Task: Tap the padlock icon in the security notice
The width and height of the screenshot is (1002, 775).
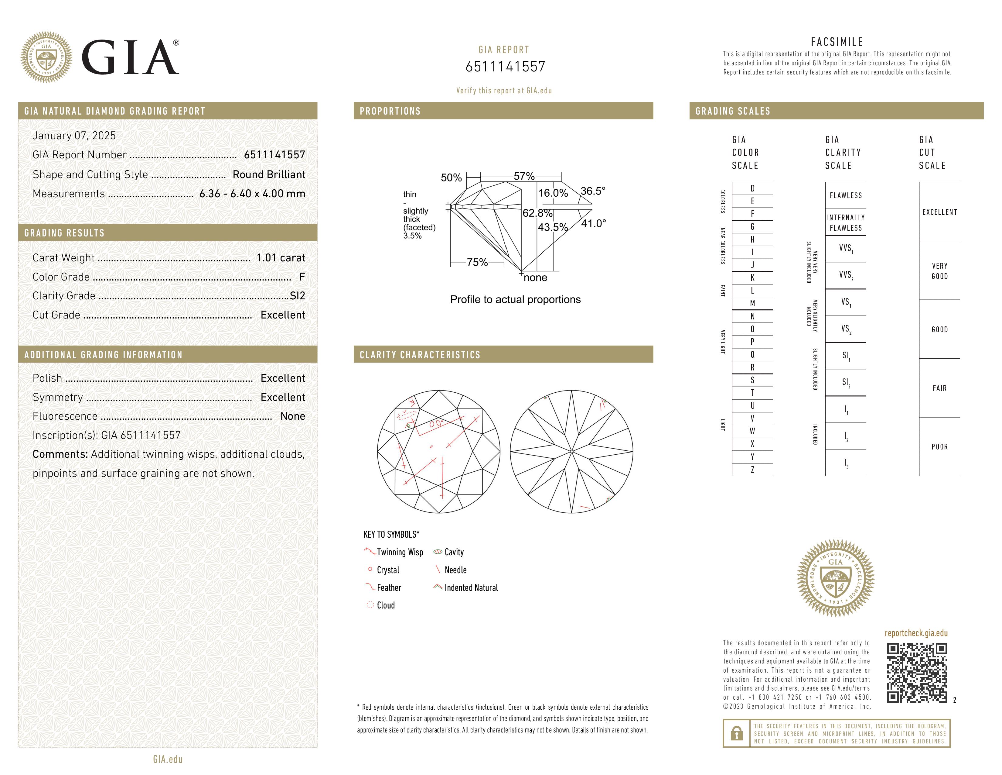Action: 736,733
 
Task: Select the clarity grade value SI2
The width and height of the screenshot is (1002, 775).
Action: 297,296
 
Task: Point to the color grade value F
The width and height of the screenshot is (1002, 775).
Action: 302,277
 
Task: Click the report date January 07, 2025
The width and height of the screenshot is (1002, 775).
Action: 74,136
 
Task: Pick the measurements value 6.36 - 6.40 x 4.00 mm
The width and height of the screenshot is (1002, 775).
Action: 252,194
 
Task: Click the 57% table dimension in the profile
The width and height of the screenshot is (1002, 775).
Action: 524,176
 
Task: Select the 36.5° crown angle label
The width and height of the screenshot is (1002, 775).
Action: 593,191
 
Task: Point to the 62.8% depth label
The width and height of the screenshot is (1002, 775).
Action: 537,213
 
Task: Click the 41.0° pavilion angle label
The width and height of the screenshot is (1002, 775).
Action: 593,224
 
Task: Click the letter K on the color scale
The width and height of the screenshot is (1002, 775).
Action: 752,278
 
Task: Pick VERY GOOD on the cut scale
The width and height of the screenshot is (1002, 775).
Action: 939,271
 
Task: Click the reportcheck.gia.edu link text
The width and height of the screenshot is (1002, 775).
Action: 916,633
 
